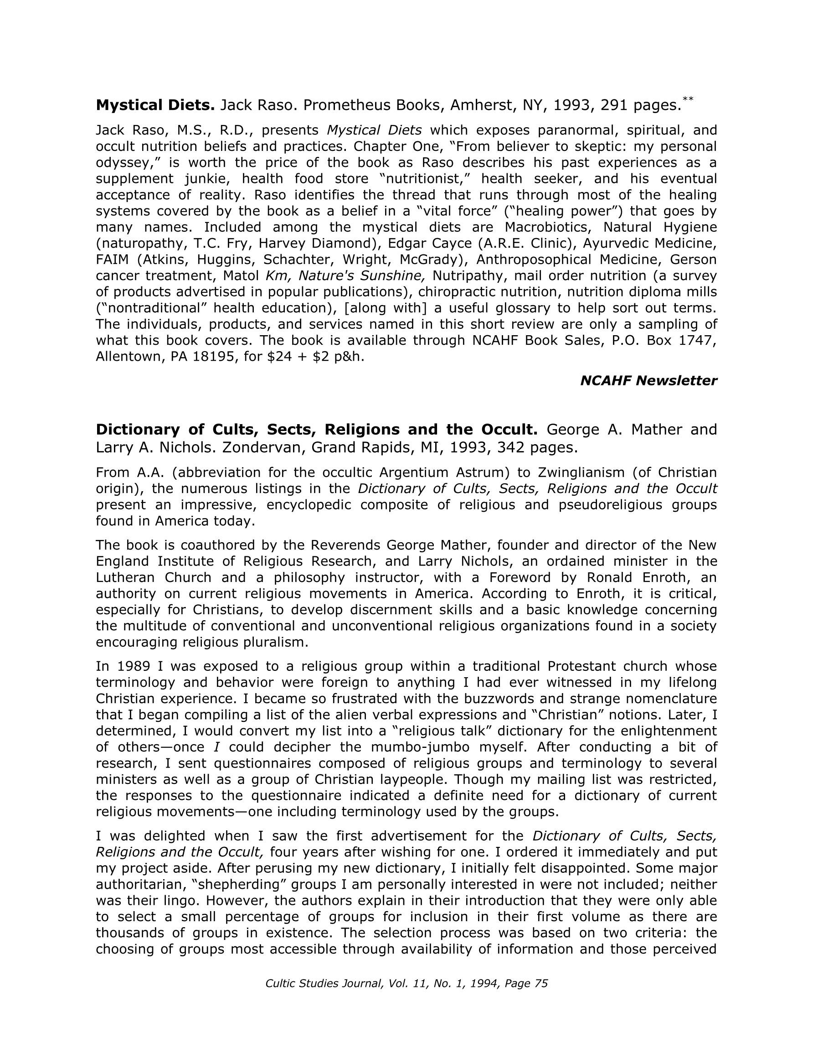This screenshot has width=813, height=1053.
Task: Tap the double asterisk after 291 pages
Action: click(688, 99)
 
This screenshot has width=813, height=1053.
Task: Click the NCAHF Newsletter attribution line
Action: click(648, 381)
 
